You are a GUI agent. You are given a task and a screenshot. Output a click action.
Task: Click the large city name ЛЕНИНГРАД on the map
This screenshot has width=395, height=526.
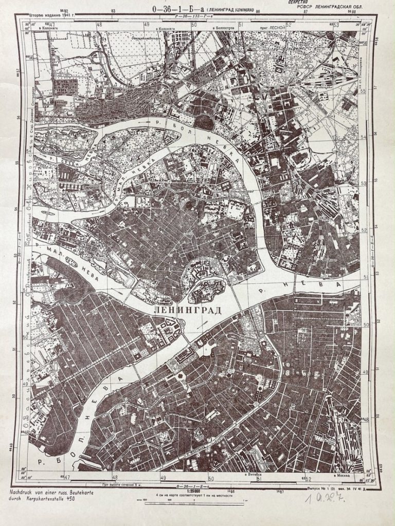[x=187, y=311]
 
